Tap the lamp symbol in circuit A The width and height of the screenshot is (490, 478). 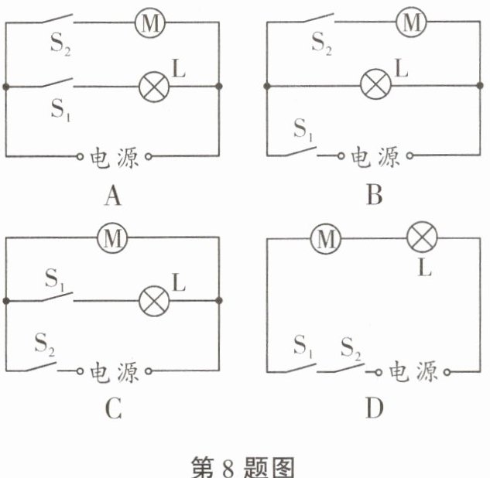coord(152,86)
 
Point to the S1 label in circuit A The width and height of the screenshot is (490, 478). coord(60,108)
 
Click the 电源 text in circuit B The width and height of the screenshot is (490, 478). coord(376,157)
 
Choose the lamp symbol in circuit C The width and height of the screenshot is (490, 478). coord(152,299)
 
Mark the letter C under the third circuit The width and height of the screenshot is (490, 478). coord(113,409)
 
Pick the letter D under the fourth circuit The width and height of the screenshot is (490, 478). coord(375,409)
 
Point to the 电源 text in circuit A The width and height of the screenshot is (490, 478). coord(115,157)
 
